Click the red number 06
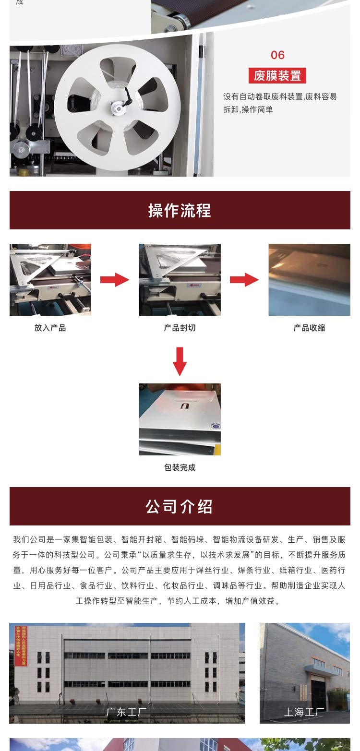pos(277,55)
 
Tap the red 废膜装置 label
pos(277,75)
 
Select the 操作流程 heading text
pos(180,211)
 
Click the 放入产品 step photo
pos(50,280)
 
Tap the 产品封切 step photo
pos(180,280)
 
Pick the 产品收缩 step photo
pos(309,280)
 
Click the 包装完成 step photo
pos(180,419)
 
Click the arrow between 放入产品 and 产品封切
pos(115,280)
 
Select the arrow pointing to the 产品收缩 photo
pos(244,280)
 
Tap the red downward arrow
pos(180,361)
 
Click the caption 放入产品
pos(50,328)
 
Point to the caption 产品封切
pos(180,328)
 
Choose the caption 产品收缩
pos(309,328)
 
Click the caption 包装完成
pos(180,468)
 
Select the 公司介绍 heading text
pos(180,507)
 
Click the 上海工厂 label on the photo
pos(304,712)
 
